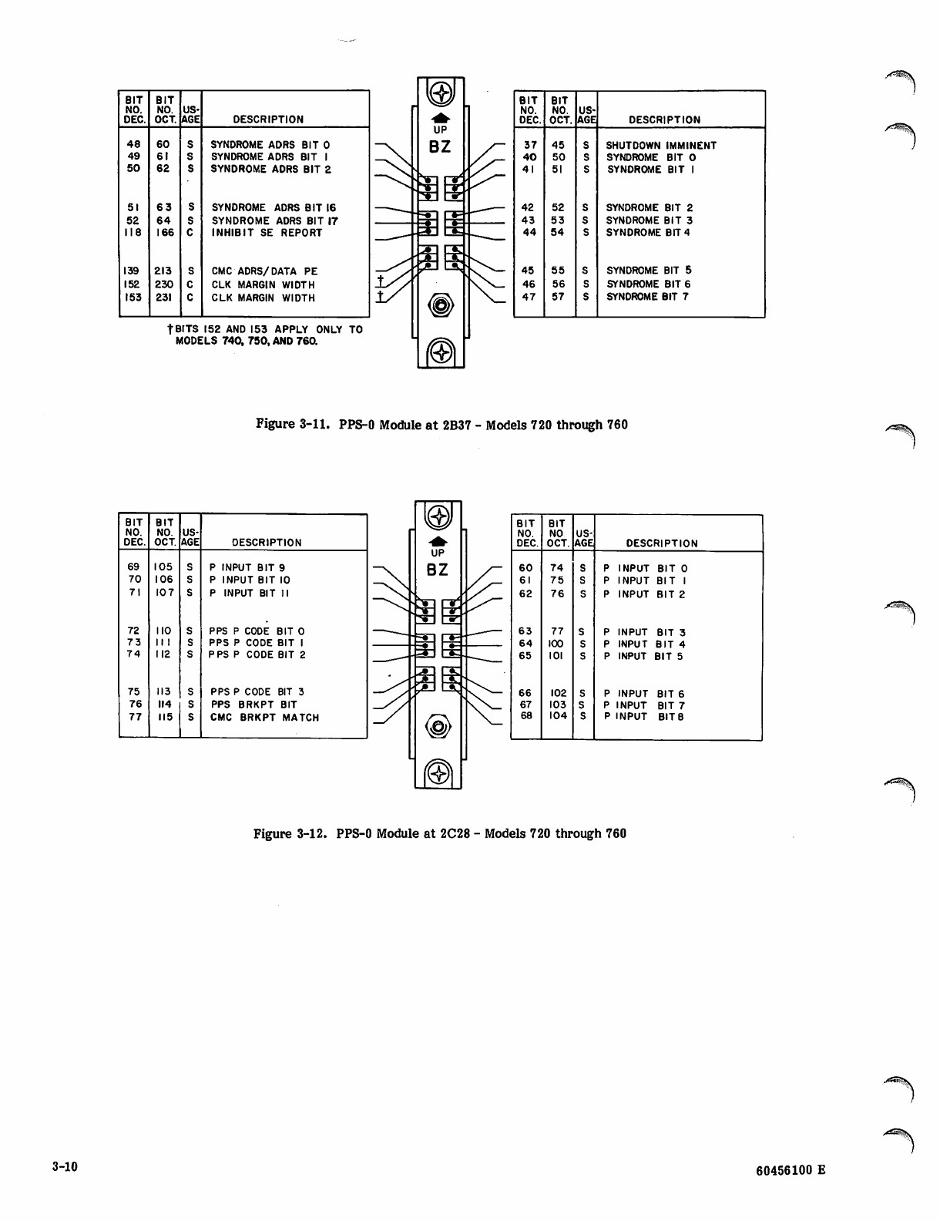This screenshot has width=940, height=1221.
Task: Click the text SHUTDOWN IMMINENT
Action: pos(661,145)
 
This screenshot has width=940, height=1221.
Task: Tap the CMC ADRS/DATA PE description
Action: pos(264,271)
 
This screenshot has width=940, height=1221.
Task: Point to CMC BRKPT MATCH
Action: pos(264,718)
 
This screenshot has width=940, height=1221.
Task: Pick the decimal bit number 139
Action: pos(133,271)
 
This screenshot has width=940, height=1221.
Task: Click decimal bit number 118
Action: pos(133,233)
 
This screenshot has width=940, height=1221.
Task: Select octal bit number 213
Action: pos(163,271)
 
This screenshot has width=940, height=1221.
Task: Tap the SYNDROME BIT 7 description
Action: pos(647,297)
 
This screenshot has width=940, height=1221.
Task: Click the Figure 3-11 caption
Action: pos(441,425)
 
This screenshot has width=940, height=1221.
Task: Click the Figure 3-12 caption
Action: pos(440,833)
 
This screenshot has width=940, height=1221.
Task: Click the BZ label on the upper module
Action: pos(441,147)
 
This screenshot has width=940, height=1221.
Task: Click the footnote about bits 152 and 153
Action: pos(264,335)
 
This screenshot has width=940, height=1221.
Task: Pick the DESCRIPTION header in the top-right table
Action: pos(664,120)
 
